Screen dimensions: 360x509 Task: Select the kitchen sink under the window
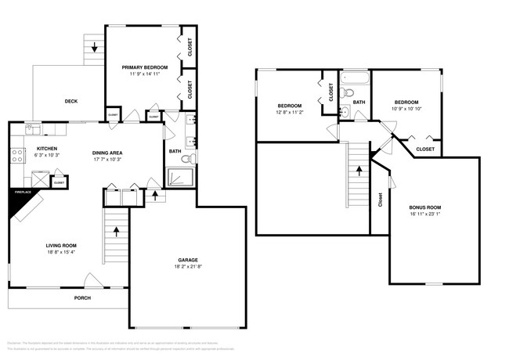pyautogui.click(x=34, y=126)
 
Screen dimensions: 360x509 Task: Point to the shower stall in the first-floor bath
pyautogui.click(x=179, y=179)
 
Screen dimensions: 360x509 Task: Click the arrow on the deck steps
pyautogui.click(x=95, y=49)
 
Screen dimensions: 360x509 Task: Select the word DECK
pyautogui.click(x=70, y=101)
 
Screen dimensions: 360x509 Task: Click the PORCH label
pyautogui.click(x=82, y=298)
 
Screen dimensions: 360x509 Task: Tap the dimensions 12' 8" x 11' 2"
pyautogui.click(x=290, y=113)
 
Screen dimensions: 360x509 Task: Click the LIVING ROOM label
pyautogui.click(x=60, y=245)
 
